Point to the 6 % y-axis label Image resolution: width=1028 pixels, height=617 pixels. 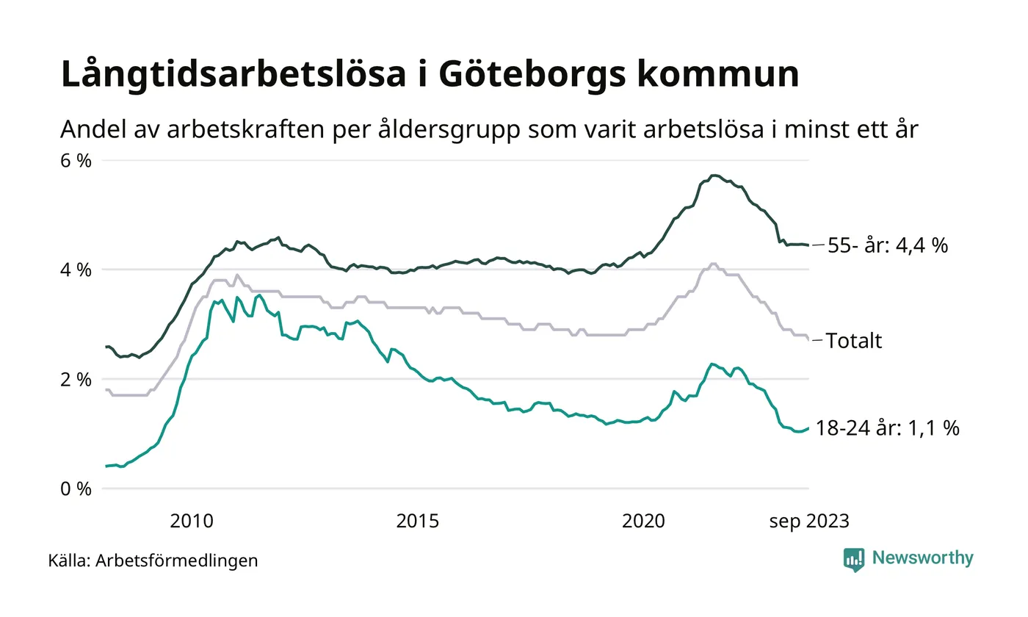pyautogui.click(x=76, y=160)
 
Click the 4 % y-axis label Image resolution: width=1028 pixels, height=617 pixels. pyautogui.click(x=76, y=270)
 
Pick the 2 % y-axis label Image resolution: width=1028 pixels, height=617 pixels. pyautogui.click(x=76, y=379)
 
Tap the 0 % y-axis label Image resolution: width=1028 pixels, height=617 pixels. pyautogui.click(x=76, y=488)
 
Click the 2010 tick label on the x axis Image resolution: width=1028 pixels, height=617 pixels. pyautogui.click(x=192, y=522)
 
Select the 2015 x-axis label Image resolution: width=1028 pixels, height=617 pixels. pyautogui.click(x=418, y=522)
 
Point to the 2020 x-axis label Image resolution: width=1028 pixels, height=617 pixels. pyautogui.click(x=643, y=522)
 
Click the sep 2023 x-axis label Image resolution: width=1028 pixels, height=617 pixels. pyautogui.click(x=808, y=522)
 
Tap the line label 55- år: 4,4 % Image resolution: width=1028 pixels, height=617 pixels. pyautogui.click(x=887, y=245)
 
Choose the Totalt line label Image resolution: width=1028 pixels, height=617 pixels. pyautogui.click(x=854, y=341)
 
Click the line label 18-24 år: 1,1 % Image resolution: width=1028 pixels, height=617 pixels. pyautogui.click(x=887, y=428)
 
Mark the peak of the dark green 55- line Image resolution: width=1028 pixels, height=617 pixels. pyautogui.click(x=714, y=176)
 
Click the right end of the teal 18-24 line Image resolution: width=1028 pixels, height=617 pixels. pyautogui.click(x=808, y=428)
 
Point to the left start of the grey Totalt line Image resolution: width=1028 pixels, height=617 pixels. pyautogui.click(x=106, y=389)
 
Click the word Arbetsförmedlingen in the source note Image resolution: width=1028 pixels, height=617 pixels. pyautogui.click(x=177, y=561)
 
